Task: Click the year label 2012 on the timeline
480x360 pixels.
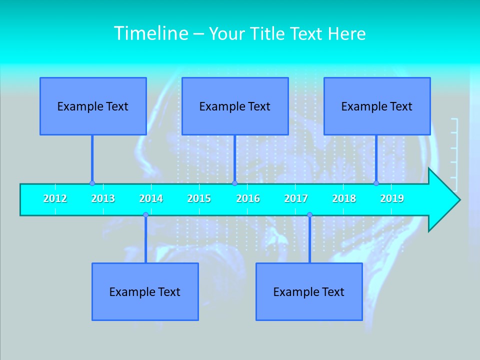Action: point(55,198)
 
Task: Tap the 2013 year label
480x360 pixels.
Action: point(103,198)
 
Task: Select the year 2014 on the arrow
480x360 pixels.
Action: point(151,198)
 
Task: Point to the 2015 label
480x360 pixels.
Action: point(199,198)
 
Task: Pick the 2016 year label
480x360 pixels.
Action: point(248,198)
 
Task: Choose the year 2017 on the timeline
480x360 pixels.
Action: point(296,198)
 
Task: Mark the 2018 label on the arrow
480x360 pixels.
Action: point(344,198)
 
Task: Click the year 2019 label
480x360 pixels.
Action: point(392,198)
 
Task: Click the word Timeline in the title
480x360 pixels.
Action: point(149,33)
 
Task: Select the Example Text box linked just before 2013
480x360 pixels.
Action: point(93,106)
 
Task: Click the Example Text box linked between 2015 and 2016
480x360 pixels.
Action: point(235,106)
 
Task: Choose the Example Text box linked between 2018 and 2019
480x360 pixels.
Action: point(377,106)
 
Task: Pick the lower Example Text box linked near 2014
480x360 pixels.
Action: point(145,291)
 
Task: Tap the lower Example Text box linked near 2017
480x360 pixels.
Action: point(309,291)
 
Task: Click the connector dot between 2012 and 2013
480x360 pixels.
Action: point(92,183)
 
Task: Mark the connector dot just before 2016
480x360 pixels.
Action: point(234,183)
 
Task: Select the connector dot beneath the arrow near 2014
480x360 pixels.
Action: point(145,215)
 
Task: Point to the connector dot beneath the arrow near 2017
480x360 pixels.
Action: point(309,215)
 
